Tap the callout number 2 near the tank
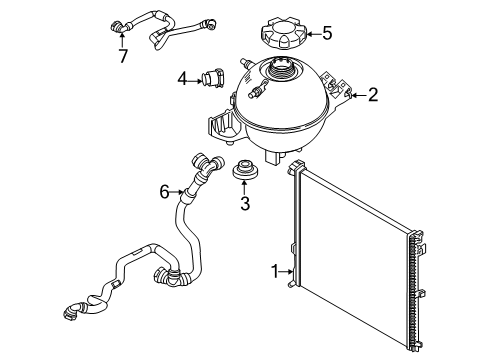[372, 96]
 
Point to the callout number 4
[183, 78]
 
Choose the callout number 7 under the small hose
[123, 55]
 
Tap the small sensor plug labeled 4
[212, 77]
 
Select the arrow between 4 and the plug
[196, 78]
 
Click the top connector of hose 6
[205, 162]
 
